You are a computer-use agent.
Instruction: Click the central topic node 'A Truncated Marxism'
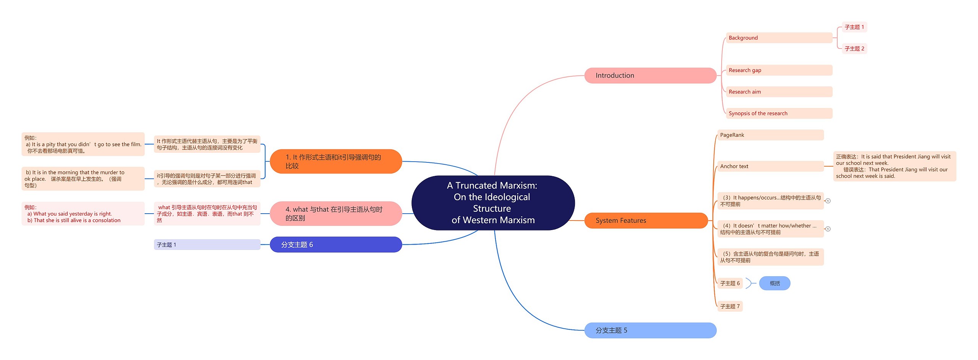(x=493, y=203)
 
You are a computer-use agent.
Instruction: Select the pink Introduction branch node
(x=650, y=76)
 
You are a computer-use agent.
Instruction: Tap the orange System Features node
(x=646, y=221)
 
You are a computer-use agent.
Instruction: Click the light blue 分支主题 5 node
(x=650, y=330)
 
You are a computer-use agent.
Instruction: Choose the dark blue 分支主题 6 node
(x=335, y=245)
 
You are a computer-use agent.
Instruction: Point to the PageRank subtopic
(x=770, y=135)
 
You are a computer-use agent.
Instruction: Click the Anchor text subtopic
(x=770, y=166)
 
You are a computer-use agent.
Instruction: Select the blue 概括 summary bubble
(x=774, y=283)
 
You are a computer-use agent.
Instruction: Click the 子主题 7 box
(x=730, y=306)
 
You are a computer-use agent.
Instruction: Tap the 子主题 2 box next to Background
(x=854, y=49)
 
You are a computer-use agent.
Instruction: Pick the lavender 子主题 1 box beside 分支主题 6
(x=207, y=245)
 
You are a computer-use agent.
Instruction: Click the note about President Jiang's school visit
(x=894, y=166)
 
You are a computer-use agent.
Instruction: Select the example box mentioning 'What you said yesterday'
(x=83, y=214)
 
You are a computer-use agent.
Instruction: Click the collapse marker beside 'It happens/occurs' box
(x=828, y=201)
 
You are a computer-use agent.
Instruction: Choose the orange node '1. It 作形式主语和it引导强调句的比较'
(x=335, y=161)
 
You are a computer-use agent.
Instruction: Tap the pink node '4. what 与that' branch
(x=335, y=214)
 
